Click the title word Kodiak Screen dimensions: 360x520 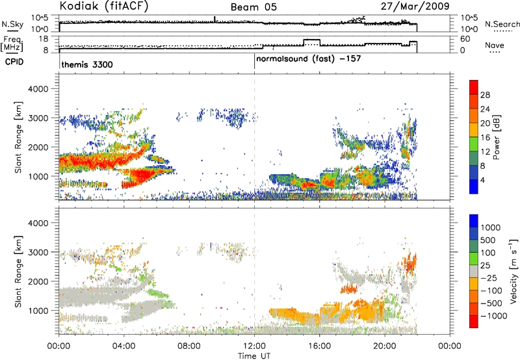[80, 6]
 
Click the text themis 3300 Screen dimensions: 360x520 [88, 65]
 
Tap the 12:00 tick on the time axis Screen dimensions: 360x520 [254, 346]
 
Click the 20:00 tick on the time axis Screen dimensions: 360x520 [384, 346]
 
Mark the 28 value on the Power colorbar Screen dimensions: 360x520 [486, 95]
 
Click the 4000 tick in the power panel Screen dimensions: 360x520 [43, 88]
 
